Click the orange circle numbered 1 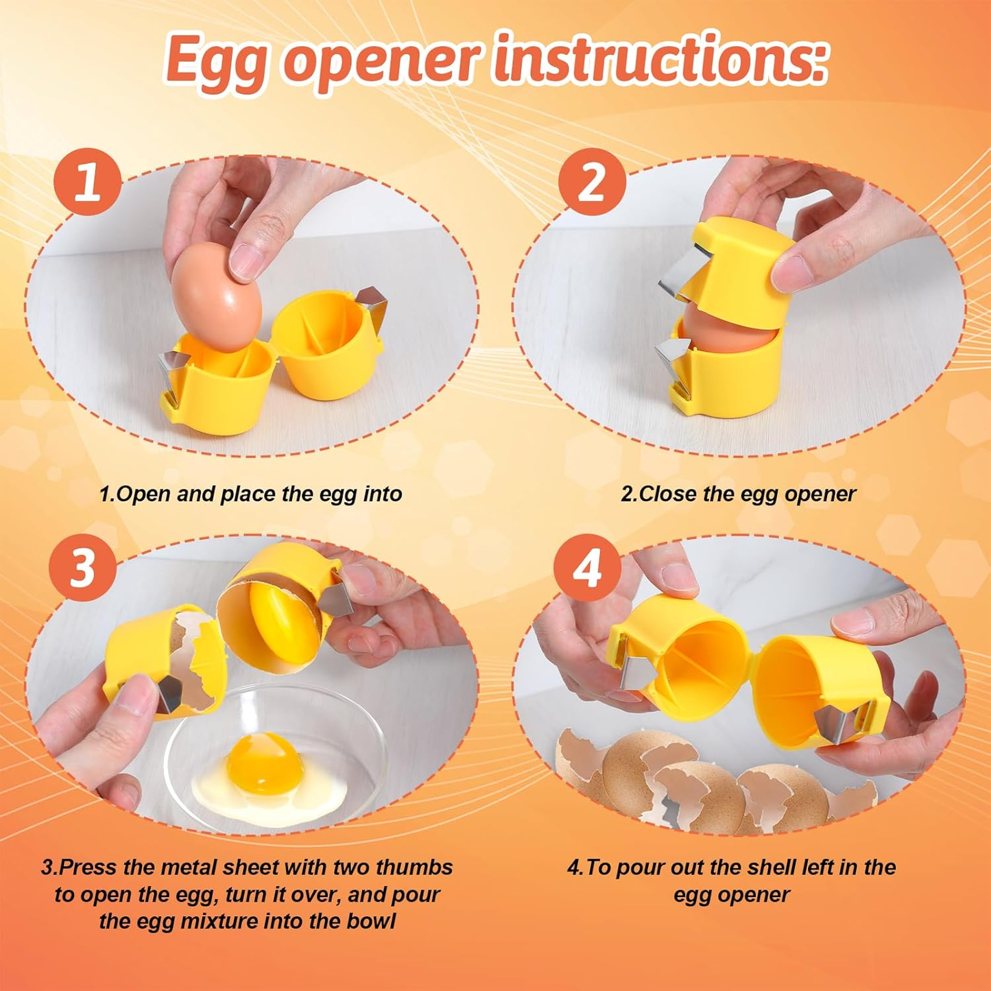88,182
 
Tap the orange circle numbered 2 592,182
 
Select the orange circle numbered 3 83,568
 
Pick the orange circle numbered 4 588,568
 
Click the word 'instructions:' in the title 660,60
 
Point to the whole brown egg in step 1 216,298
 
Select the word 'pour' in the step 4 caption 641,867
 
